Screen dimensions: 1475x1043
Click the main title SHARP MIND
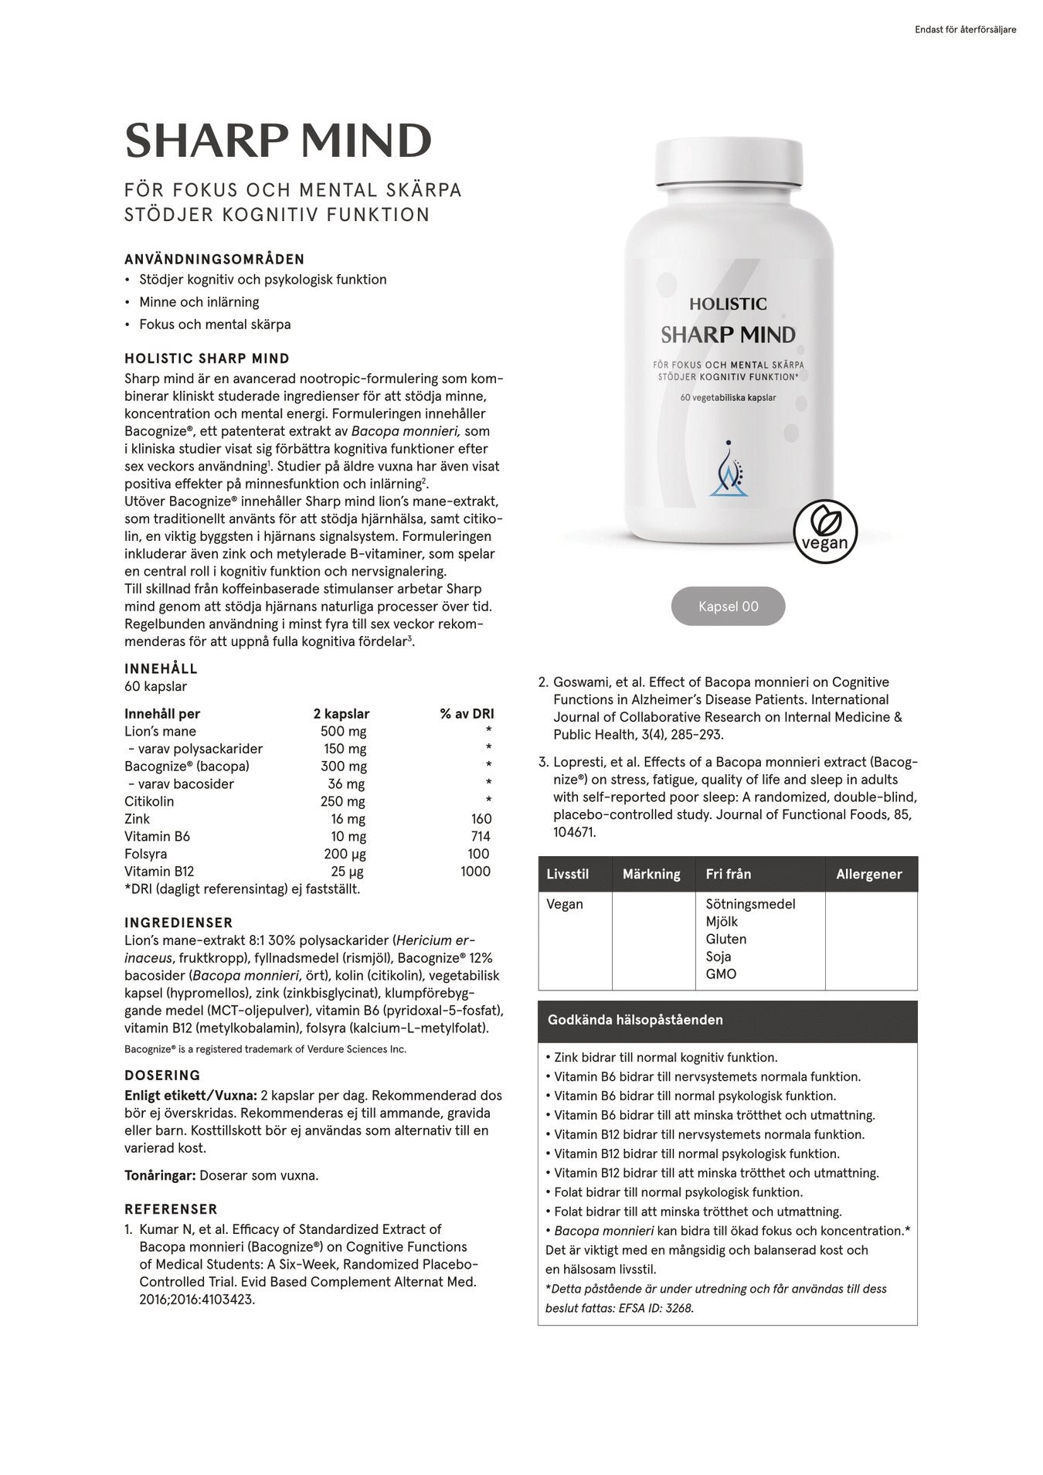pyautogui.click(x=278, y=141)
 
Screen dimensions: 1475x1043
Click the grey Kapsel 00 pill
pyautogui.click(x=728, y=607)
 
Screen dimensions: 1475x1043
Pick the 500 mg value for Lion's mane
pyautogui.click(x=343, y=732)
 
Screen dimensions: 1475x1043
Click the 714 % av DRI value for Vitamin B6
pyautogui.click(x=479, y=837)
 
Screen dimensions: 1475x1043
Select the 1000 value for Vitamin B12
pyautogui.click(x=475, y=872)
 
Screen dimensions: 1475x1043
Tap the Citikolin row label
pyautogui.click(x=149, y=801)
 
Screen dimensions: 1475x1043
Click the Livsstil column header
pyautogui.click(x=567, y=875)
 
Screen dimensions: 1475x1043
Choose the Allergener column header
pyautogui.click(x=868, y=875)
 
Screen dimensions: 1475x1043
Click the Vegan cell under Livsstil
pyautogui.click(x=565, y=904)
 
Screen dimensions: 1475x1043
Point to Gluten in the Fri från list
pyautogui.click(x=725, y=939)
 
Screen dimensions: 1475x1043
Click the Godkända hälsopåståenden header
pyautogui.click(x=635, y=1020)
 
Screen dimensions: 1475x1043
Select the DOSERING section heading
pyautogui.click(x=162, y=1076)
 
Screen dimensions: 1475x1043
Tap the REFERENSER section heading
pyautogui.click(x=171, y=1209)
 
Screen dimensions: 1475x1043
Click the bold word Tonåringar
pyautogui.click(x=160, y=1176)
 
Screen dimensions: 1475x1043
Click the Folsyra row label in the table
pyautogui.click(x=145, y=854)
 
